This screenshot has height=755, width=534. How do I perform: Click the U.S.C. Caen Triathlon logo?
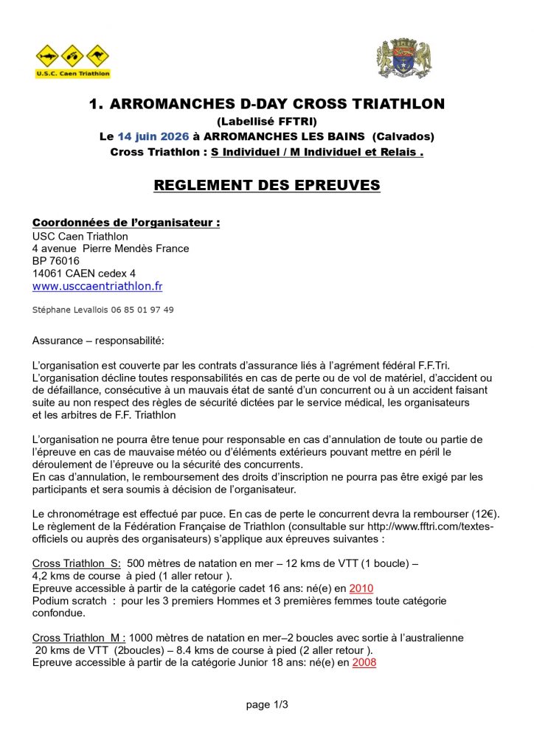pos(73,61)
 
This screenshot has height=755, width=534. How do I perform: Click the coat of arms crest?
pos(403,59)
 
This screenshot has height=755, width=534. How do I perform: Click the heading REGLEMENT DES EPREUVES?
pos(266,185)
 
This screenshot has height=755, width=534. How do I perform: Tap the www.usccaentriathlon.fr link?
pos(97,286)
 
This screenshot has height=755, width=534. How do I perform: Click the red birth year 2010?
pos(361,588)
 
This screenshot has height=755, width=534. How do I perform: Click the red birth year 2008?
pos(364,662)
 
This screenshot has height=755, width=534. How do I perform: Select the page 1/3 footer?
pos(266,704)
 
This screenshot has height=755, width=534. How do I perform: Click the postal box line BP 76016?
pos(56,261)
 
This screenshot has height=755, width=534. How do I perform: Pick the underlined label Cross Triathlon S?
pos(77,563)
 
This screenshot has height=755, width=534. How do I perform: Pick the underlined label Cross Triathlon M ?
pos(79,637)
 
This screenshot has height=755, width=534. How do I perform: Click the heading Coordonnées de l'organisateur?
pos(126,223)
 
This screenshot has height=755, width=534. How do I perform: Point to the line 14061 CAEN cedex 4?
pos(84,273)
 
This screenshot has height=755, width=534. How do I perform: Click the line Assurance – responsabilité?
pos(98,341)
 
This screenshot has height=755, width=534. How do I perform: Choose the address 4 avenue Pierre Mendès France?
pos(111,248)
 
